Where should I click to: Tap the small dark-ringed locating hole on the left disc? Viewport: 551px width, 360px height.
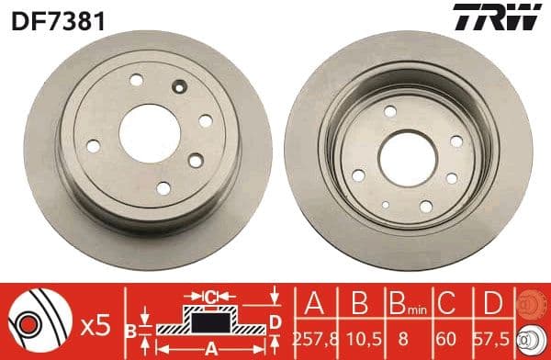180,88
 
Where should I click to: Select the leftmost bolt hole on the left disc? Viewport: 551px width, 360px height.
94,144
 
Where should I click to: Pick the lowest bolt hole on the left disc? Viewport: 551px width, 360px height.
163,188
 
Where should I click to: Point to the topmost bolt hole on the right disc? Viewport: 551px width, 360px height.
390,111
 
